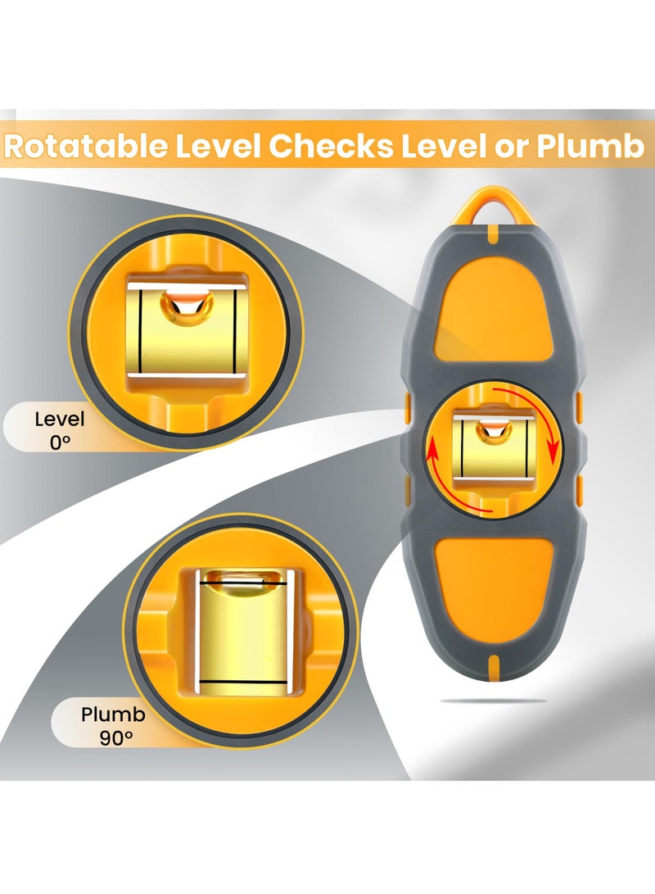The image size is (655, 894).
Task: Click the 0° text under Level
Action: [60, 442]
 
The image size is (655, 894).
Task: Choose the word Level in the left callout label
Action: [60, 420]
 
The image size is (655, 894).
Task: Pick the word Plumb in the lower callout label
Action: [113, 714]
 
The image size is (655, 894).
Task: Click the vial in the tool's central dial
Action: [492, 451]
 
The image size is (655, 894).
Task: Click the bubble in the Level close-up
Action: [187, 306]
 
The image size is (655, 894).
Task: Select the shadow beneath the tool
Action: [494, 701]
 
